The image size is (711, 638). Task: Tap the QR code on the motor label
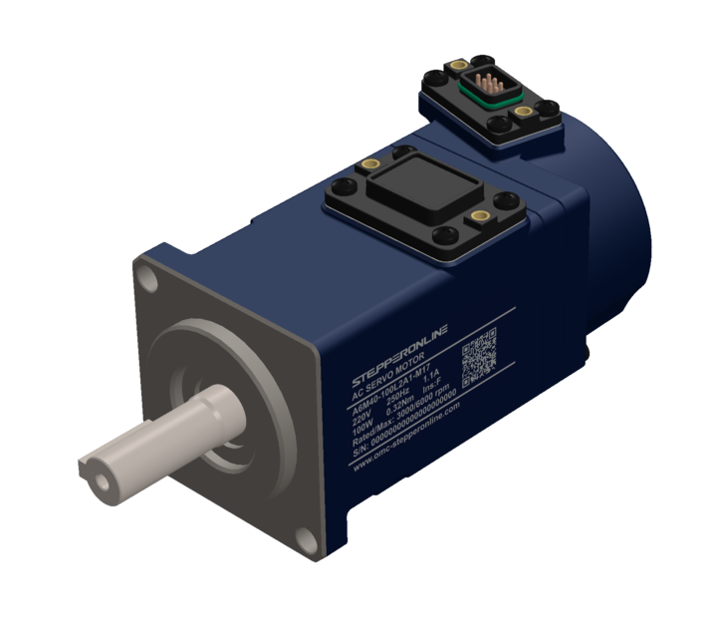pos(480,352)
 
